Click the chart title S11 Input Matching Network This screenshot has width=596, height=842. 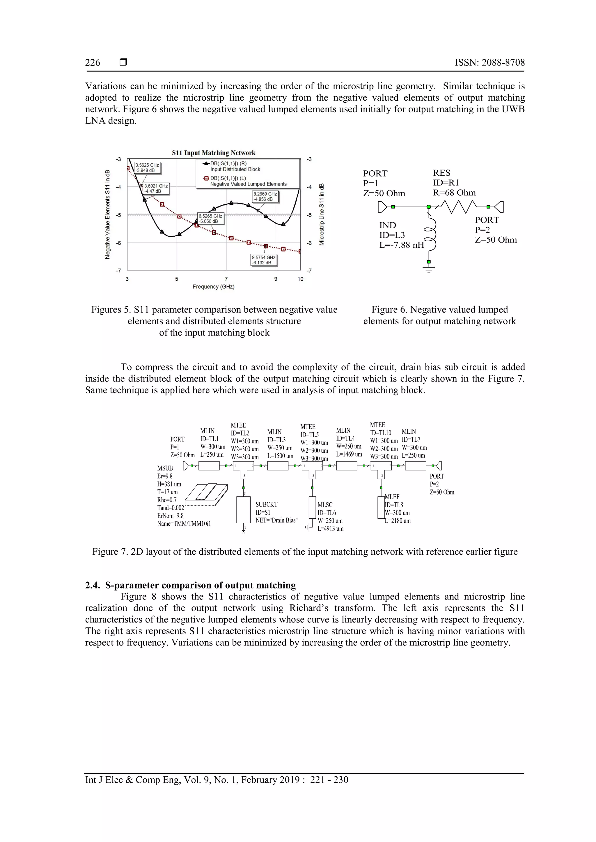coord(214,153)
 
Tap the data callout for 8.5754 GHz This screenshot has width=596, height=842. coord(263,260)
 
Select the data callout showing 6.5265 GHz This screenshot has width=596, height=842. coord(210,219)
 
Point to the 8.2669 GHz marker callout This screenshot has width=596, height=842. coord(265,197)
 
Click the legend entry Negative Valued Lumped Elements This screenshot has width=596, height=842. coord(248,184)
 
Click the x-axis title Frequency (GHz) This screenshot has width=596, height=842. coord(213,287)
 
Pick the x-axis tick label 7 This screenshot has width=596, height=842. coord(226,279)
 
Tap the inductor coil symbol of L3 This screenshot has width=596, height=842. coord(430,235)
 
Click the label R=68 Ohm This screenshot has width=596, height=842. coord(454,193)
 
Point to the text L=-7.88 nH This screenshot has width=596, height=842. coord(402,245)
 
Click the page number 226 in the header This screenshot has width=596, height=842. coord(93,63)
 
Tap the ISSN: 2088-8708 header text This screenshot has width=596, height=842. coord(489,63)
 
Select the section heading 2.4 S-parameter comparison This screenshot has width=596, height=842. coord(191,585)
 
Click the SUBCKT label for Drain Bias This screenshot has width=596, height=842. coord(276,512)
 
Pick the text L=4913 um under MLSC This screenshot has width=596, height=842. coord(330,529)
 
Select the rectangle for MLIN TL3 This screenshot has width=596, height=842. coord(278,466)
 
